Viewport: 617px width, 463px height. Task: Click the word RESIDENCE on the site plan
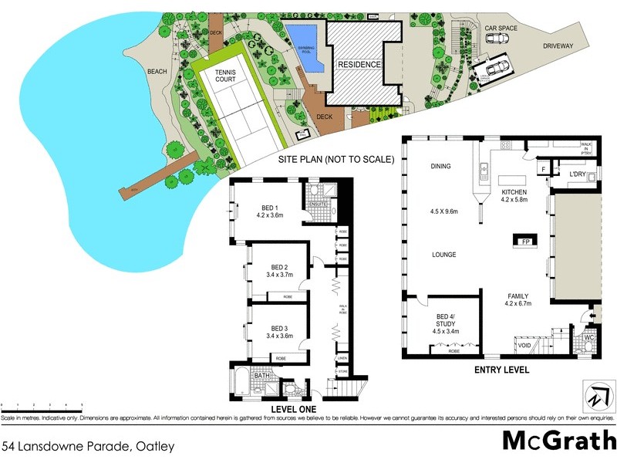pyautogui.click(x=360, y=65)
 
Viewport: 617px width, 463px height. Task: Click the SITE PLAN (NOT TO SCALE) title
pyautogui.click(x=336, y=160)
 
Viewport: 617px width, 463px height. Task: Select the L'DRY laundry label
pyautogui.click(x=578, y=176)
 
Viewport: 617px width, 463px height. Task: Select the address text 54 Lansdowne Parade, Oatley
pyautogui.click(x=88, y=446)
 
